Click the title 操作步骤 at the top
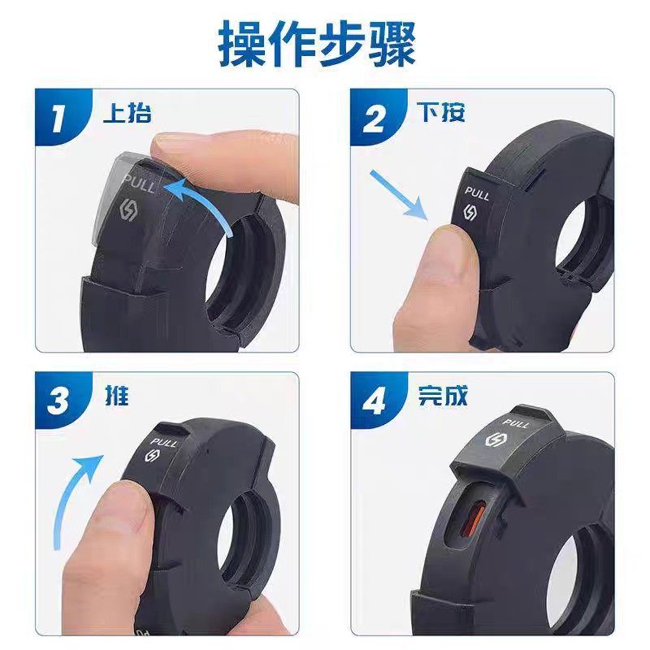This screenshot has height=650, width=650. pyautogui.click(x=317, y=45)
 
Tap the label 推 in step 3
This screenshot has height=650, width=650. pyautogui.click(x=117, y=396)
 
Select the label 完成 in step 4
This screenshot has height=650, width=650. pyautogui.click(x=442, y=396)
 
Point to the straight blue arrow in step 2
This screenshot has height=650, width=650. pyautogui.click(x=397, y=195)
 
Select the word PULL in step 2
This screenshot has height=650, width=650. pyautogui.click(x=476, y=194)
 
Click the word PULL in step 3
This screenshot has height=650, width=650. pyautogui.click(x=164, y=443)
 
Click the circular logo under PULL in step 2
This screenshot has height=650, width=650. pyautogui.click(x=470, y=214)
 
